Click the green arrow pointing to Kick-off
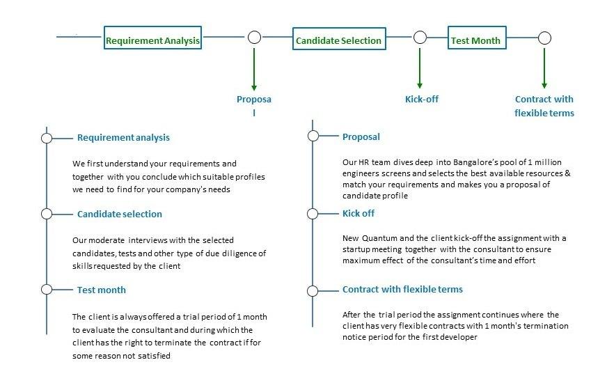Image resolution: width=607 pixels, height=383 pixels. pyautogui.click(x=420, y=68)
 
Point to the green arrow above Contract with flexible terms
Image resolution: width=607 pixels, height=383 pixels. pyautogui.click(x=544, y=68)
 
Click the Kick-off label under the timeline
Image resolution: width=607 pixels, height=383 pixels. pyautogui.click(x=422, y=99)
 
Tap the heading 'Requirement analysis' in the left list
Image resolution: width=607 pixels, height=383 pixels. pyautogui.click(x=123, y=137)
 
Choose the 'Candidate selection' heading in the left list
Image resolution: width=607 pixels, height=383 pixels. pyautogui.click(x=120, y=214)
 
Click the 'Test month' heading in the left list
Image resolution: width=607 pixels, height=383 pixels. pyautogui.click(x=102, y=290)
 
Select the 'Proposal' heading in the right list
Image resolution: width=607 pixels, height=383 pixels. pyautogui.click(x=361, y=136)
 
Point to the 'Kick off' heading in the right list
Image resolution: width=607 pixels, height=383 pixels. pyautogui.click(x=358, y=213)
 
